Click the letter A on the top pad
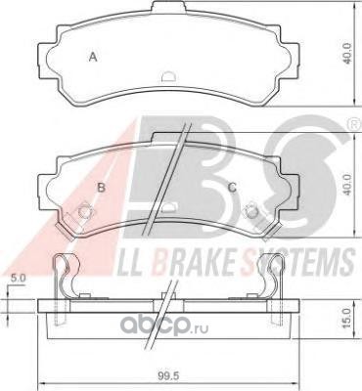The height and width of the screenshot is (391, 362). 93,58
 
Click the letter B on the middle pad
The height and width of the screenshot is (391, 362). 102,188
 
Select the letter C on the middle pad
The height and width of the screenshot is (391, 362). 232,188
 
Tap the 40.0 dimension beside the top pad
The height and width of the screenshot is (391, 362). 348,54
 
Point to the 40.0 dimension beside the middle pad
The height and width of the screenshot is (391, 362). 348,185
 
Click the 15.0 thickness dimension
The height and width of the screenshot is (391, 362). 346,318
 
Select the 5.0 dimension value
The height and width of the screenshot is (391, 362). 19,278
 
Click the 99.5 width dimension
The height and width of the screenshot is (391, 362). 169,376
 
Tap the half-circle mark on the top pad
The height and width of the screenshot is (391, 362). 169,76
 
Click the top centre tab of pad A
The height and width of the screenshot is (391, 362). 168,7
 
